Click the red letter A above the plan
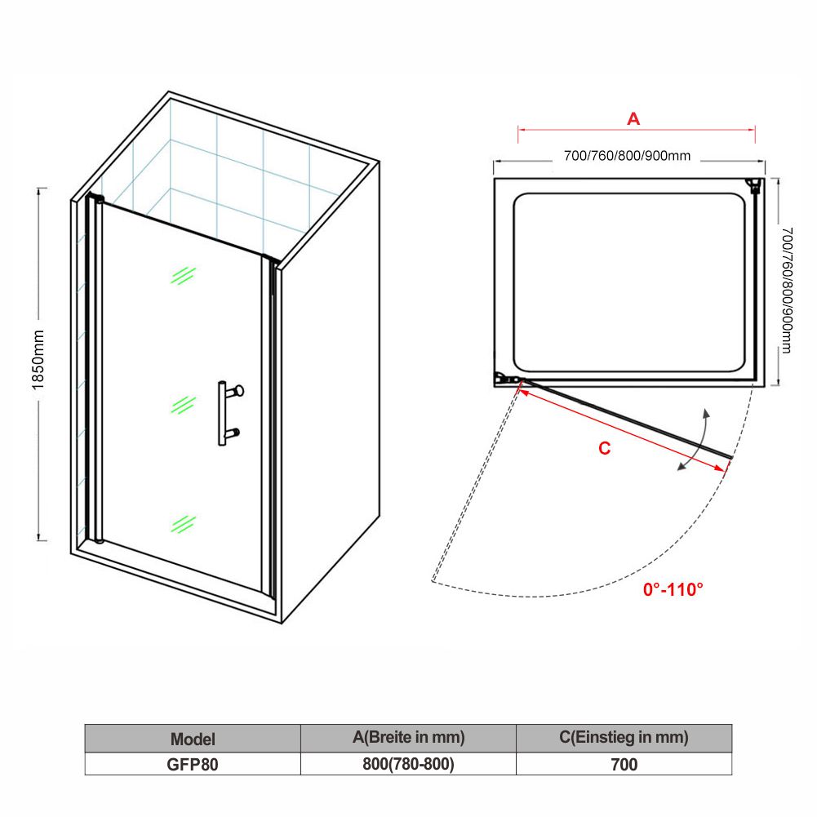633,119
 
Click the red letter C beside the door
605,448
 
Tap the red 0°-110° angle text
673,589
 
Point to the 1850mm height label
38,359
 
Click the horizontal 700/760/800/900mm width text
628,156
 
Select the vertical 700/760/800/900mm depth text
787,291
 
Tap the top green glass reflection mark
183,276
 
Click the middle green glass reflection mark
183,405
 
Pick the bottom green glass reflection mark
183,524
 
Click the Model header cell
193,739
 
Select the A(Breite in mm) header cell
408,739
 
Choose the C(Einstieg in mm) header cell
624,739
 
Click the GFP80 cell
193,764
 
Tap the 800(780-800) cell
408,764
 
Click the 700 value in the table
624,765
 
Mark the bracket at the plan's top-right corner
754,186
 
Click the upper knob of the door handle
238,390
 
